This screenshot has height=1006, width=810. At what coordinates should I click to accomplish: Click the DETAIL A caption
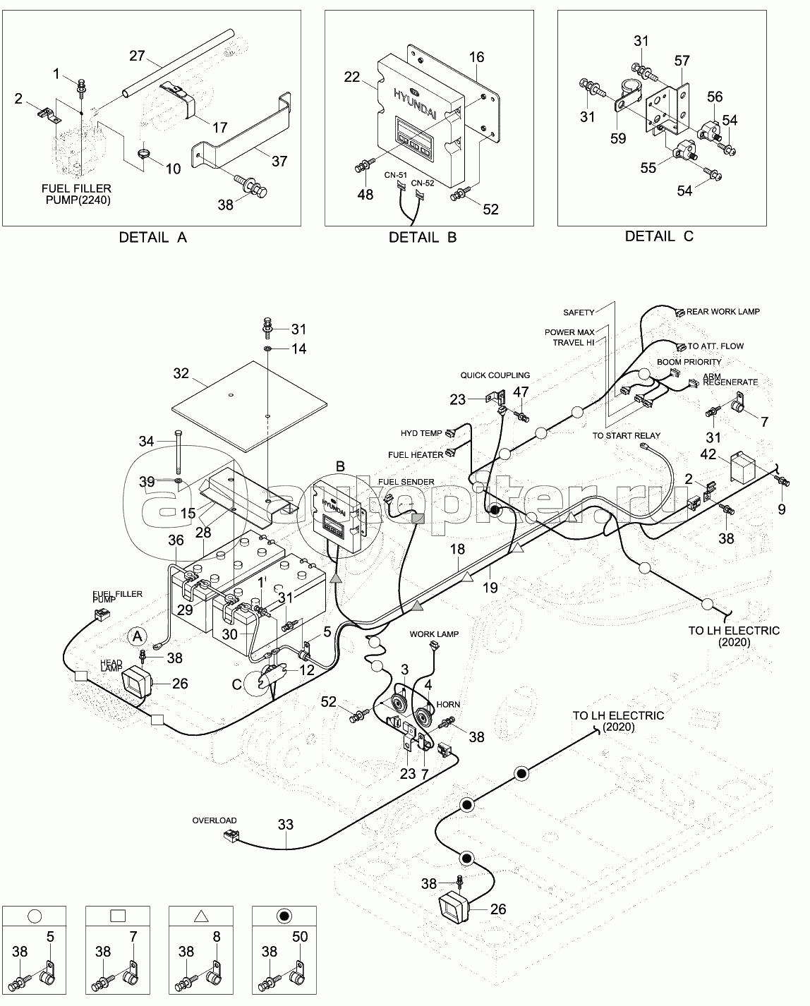pos(153,237)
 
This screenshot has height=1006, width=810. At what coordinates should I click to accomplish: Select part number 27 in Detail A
pos(136,56)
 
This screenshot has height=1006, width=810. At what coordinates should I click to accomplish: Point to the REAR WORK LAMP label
pos(723,312)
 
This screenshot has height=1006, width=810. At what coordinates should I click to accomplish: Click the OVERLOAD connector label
pos(214,820)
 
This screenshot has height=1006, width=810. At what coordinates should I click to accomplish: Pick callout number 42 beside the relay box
pos(708,454)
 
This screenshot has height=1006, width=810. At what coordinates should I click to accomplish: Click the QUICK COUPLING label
pos(495,376)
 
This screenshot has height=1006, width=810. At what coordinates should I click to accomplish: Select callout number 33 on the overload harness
pos(285,825)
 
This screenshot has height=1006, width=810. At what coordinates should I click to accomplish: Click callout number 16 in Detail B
pos(476,57)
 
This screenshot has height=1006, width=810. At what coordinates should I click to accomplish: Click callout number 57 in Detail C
pos(682,62)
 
